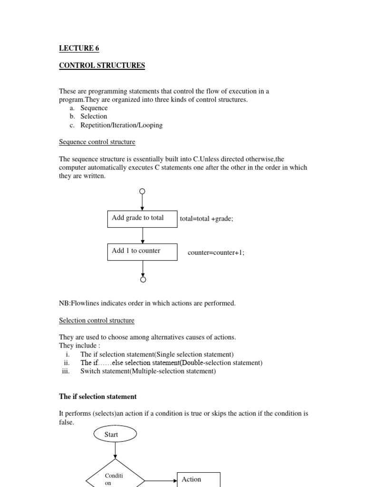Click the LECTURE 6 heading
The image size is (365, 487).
pos(79,48)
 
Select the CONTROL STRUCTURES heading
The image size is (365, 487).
pos(102,66)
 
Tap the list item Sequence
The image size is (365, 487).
pos(94,108)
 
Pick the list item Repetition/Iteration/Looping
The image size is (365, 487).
pos(121,125)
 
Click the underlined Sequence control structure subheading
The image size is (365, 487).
pos(97,142)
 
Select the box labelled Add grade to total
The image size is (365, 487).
pos(142,218)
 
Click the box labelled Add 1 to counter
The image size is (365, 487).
pos(142,252)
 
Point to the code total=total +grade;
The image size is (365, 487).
pos(206,219)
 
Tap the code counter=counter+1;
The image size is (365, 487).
pos(216,253)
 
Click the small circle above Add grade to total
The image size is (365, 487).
pos(142,191)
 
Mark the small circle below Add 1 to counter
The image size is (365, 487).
pos(143,280)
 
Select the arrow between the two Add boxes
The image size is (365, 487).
pos(142,235)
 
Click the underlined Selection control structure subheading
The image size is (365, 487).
pos(96,321)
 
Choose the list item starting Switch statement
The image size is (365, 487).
pos(148,371)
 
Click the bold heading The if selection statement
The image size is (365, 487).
pos(97,397)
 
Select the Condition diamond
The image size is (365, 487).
pos(115,476)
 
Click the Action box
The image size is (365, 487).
pos(198,479)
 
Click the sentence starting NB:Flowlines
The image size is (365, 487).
pos(147,303)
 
